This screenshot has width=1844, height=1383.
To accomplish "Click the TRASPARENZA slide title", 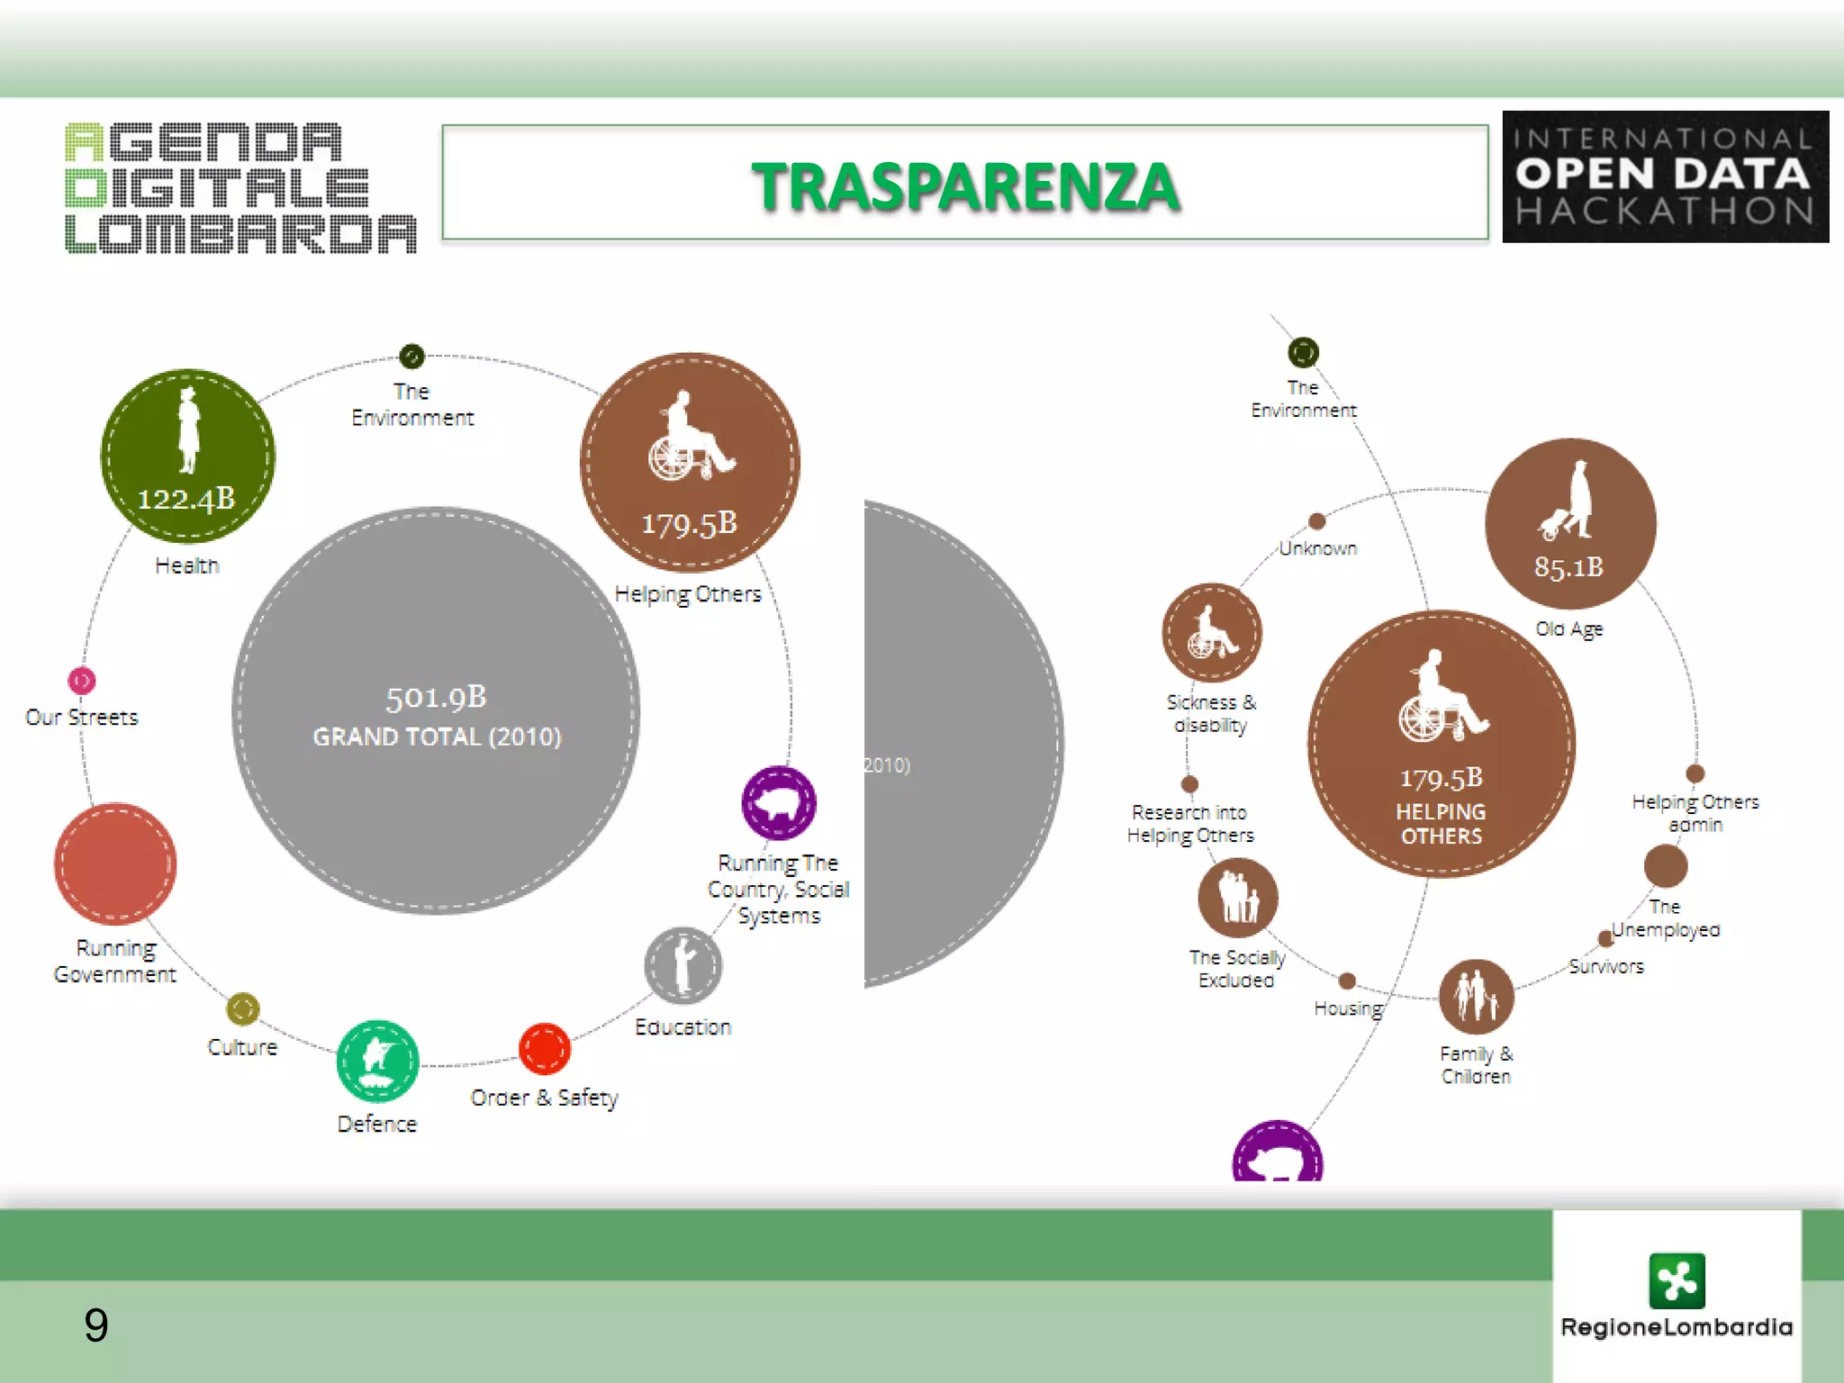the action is coord(964,186).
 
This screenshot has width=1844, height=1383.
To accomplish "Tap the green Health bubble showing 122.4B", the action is coord(187,456).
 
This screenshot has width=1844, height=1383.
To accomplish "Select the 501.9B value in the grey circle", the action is coord(436,698).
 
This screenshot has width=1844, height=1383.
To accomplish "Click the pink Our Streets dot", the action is coord(82,681).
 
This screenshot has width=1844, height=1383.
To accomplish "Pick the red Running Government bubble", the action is coord(115,864).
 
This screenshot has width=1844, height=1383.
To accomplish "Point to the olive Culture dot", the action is coord(243,1008).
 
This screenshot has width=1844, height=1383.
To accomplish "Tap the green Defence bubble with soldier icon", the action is coord(378,1061).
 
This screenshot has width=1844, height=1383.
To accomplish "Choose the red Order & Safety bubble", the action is coord(545,1049).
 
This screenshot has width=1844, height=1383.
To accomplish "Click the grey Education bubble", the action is coord(683,966).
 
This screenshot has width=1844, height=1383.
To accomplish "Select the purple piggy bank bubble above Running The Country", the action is coord(779,802).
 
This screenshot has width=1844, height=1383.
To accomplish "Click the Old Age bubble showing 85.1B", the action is coord(1570,524).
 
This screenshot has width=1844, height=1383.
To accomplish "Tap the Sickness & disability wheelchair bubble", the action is coord(1212,632).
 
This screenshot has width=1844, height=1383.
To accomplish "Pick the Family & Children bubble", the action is coord(1476,996).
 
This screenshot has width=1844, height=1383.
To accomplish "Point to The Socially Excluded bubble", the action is coord(1238,898).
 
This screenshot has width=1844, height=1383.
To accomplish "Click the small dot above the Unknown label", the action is coord(1317,521).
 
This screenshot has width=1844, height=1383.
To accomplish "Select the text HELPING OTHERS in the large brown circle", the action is coord(1441,824).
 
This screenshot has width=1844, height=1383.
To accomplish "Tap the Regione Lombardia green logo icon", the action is coord(1677,1280).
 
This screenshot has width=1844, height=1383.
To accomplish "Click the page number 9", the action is coord(96,1324).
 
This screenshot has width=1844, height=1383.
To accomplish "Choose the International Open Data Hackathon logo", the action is coord(1665,176).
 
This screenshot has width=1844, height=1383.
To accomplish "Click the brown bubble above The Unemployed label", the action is coord(1666,866).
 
